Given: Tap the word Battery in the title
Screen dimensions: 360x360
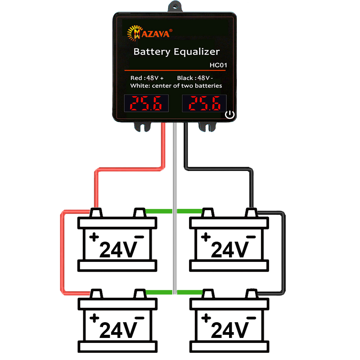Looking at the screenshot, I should coord(151,52).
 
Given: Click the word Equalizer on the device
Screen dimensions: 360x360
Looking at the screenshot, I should coord(196,52).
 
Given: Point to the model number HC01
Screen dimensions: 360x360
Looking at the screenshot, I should coord(218,65).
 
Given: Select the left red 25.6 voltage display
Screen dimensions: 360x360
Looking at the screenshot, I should coord(146,104).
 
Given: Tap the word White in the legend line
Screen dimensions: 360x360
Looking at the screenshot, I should coord(139,85).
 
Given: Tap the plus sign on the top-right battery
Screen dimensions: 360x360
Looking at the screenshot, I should coord(206,237).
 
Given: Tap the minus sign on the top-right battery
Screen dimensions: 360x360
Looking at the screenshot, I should coord(251,237).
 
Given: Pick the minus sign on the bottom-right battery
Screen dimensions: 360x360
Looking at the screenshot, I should coord(251,318).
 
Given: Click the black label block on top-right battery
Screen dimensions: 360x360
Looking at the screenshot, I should coord(229,249).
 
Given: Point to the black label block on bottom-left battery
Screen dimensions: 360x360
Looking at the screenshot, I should coord(118,330).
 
